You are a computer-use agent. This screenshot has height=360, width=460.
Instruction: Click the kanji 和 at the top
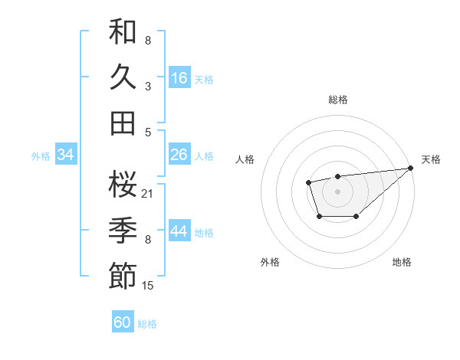tap(123, 32)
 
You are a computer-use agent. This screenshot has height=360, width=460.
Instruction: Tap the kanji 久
tap(123, 77)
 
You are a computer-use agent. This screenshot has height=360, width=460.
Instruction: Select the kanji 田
tap(123, 122)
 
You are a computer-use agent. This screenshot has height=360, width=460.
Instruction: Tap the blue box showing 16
tap(179, 78)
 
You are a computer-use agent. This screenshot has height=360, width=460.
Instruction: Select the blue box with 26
tap(179, 155)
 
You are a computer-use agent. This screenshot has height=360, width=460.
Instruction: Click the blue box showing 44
tap(179, 231)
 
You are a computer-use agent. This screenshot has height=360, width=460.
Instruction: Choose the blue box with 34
tap(65, 155)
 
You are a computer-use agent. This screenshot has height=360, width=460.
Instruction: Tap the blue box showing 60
tap(123, 322)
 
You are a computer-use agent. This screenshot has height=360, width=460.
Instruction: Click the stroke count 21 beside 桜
tap(148, 193)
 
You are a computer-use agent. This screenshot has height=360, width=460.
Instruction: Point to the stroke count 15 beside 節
tap(148, 285)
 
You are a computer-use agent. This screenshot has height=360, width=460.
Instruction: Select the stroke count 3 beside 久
tap(148, 86)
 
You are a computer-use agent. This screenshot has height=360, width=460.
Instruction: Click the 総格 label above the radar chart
tap(338, 100)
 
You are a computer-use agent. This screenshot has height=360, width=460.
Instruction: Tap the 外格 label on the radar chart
tap(270, 262)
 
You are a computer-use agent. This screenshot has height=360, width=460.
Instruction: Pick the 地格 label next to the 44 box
tap(204, 232)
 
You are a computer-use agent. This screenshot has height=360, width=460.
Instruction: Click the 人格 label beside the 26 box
tap(204, 155)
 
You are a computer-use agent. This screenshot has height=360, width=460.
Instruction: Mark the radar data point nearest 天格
tap(412, 168)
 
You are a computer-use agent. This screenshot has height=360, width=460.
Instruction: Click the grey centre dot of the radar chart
tap(338, 190)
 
